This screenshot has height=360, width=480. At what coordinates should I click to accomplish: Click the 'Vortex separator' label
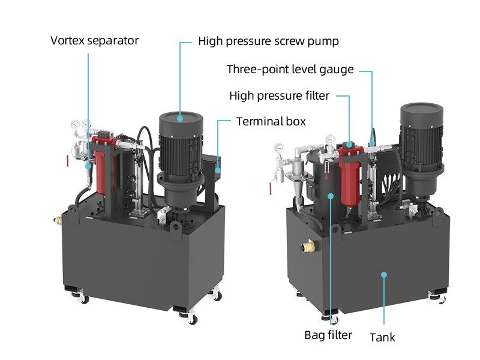click(x=94, y=41)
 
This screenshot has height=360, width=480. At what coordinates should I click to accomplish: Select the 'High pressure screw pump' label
click(x=268, y=41)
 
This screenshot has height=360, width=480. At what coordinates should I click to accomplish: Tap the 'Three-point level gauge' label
click(x=290, y=69)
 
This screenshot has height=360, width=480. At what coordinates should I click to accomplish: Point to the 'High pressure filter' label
click(x=279, y=95)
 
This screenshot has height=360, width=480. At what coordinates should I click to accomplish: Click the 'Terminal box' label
click(x=271, y=122)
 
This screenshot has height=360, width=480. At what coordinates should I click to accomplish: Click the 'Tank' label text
click(x=382, y=337)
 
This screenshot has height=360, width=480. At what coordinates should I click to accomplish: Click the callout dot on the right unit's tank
click(x=384, y=274)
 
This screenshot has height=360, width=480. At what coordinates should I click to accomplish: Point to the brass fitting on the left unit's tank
click(x=58, y=221)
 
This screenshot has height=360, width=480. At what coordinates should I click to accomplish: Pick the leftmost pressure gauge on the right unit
click(x=279, y=149)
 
